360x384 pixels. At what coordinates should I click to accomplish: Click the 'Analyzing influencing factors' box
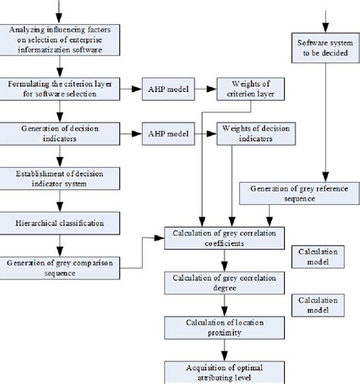tap(59, 39)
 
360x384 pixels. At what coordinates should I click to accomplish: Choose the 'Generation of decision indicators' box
tap(59, 134)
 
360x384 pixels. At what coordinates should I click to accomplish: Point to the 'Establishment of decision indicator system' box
tap(59, 178)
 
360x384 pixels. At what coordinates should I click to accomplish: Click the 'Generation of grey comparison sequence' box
tap(59, 267)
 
